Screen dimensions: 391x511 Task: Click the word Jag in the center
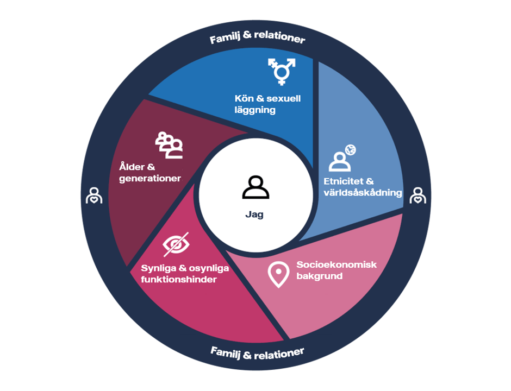point(254,215)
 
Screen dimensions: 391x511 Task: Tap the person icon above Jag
point(255,187)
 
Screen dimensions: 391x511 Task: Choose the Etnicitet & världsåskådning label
point(363,187)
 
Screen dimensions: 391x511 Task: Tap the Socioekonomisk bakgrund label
point(336,270)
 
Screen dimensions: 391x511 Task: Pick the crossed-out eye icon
point(176,244)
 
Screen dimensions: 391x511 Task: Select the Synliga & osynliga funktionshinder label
point(185,274)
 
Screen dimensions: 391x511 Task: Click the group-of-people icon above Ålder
point(169,145)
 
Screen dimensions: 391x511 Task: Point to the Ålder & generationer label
point(149,173)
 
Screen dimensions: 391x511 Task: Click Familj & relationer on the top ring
point(257,39)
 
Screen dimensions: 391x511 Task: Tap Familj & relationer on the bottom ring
point(257,354)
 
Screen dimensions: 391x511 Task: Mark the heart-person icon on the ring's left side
point(94,195)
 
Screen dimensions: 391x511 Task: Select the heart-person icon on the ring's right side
point(417,195)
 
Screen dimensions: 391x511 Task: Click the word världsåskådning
point(363,192)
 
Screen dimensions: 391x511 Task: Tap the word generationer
point(149,178)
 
